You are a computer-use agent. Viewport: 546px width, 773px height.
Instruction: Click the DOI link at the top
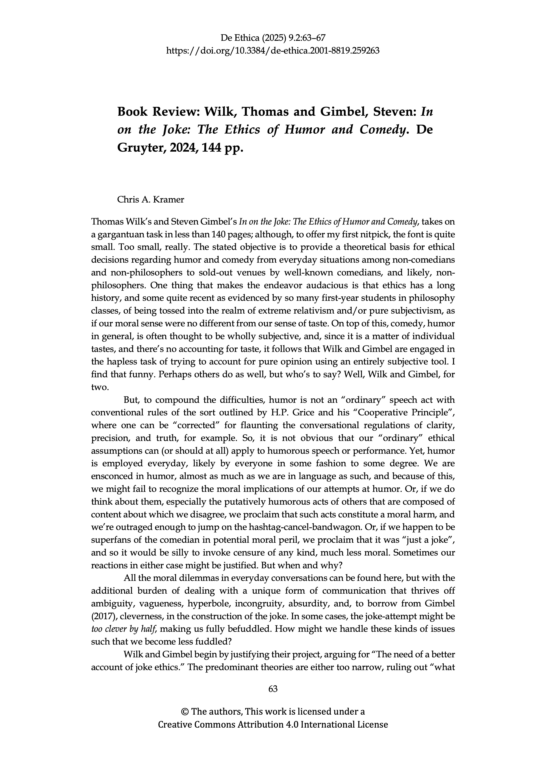pos(273,51)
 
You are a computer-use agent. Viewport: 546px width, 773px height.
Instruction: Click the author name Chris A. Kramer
pos(150,200)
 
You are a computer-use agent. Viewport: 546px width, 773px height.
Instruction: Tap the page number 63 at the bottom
pos(273,689)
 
